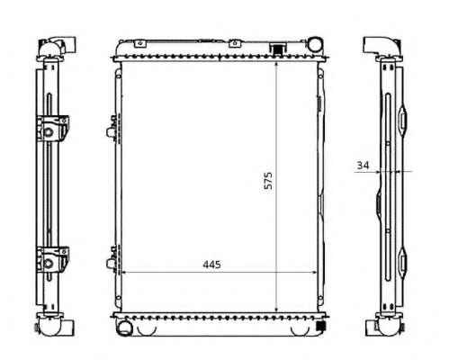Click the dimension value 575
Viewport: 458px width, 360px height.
pyautogui.click(x=268, y=181)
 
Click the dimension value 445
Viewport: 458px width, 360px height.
pyautogui.click(x=211, y=265)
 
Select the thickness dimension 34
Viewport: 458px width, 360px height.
pyautogui.click(x=363, y=165)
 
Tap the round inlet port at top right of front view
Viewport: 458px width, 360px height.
pyautogui.click(x=315, y=44)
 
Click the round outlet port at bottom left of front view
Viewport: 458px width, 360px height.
pyautogui.click(x=123, y=328)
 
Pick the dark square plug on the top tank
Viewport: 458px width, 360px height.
pyautogui.click(x=277, y=49)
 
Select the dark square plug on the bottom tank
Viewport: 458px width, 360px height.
pyautogui.click(x=321, y=325)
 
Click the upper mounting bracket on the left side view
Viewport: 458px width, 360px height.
pyautogui.click(x=52, y=128)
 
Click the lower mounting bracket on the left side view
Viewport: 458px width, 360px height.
pyautogui.click(x=52, y=259)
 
